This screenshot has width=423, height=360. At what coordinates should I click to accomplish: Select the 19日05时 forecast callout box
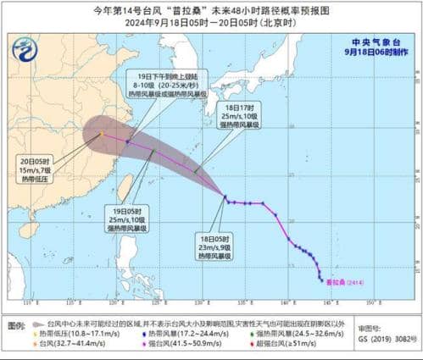click(127, 219)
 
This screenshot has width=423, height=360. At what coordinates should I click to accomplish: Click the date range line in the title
click(211, 23)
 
